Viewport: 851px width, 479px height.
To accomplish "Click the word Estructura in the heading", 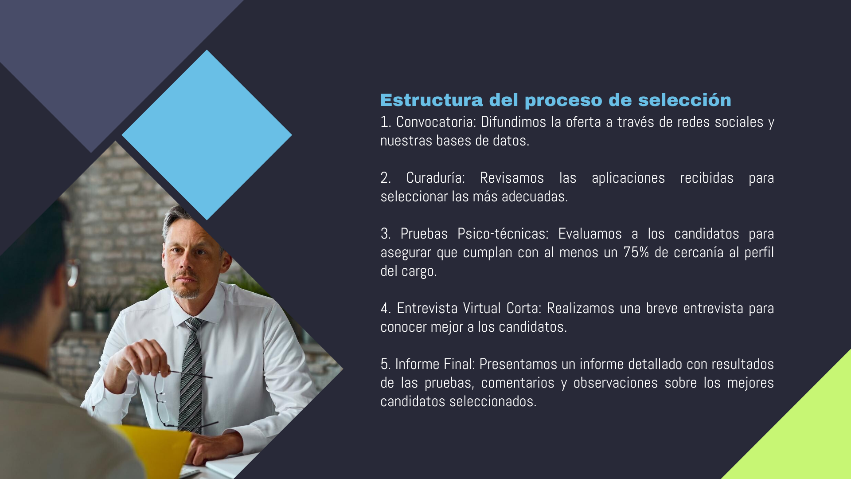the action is [431, 100].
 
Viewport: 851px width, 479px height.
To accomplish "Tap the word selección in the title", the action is [684, 100].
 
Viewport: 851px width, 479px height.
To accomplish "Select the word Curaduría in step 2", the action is [435, 178].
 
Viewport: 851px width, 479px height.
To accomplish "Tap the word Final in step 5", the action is [459, 364].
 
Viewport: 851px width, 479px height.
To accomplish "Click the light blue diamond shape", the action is [207, 135].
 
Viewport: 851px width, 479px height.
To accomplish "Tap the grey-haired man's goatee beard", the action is [186, 291].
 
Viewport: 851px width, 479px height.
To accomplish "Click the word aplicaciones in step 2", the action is [628, 178].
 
